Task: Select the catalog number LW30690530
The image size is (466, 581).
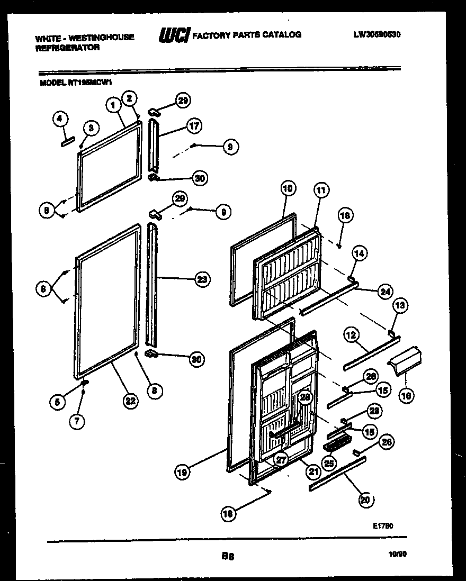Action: (377, 34)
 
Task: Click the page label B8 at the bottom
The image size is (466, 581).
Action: (228, 556)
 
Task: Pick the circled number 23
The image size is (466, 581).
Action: (202, 279)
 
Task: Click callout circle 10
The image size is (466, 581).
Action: (287, 188)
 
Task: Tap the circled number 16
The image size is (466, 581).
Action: (406, 394)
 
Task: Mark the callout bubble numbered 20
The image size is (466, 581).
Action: (365, 500)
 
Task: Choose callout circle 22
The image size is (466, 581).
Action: (130, 401)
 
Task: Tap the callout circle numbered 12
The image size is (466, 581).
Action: (352, 334)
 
